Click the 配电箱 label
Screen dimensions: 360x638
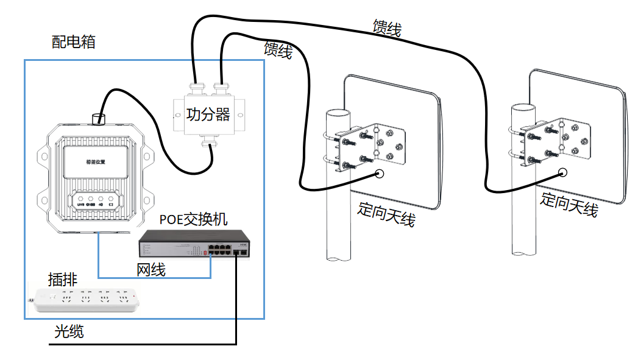tap(74, 42)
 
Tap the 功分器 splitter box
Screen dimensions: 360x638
tap(208, 114)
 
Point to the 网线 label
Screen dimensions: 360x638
tap(151, 269)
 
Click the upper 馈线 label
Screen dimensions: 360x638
tap(387, 27)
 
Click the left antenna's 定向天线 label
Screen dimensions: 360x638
tap(386, 214)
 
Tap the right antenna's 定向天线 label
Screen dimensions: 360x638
tap(569, 205)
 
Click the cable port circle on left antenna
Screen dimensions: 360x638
tap(380, 174)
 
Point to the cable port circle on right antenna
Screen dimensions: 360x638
tap(564, 172)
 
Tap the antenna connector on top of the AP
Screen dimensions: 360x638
tap(97, 118)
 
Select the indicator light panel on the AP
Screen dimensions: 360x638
tap(94, 200)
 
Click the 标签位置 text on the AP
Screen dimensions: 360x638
tap(95, 162)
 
